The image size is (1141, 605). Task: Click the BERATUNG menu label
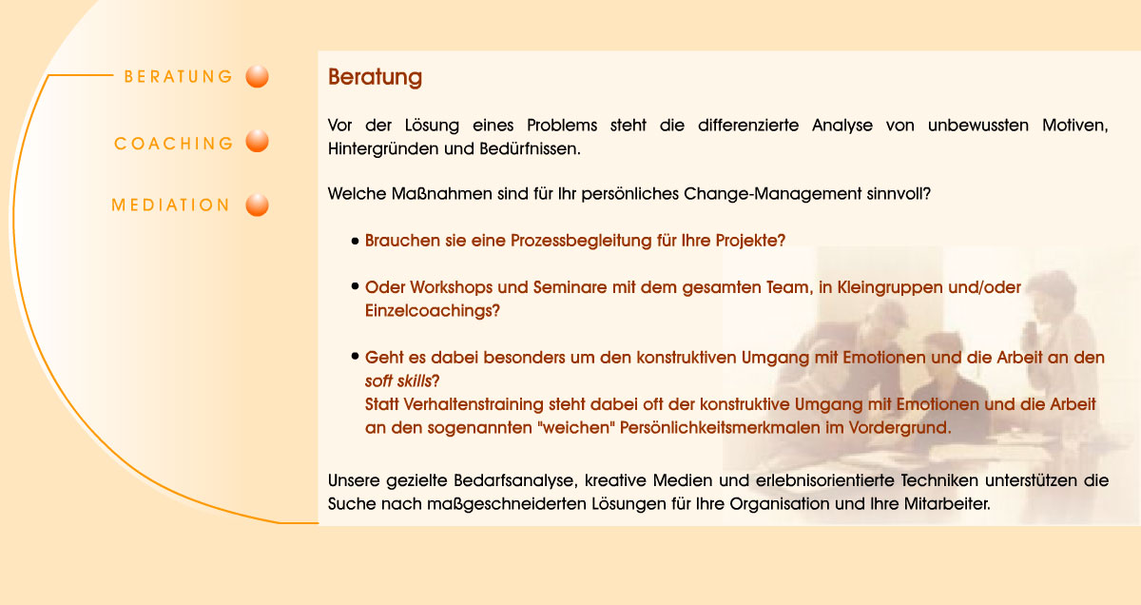pyautogui.click(x=178, y=77)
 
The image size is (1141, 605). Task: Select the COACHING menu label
pyautogui.click(x=173, y=144)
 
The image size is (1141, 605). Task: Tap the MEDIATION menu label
pyautogui.click(x=171, y=205)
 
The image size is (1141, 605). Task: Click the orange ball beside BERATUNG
pyautogui.click(x=257, y=76)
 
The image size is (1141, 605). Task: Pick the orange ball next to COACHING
pyautogui.click(x=257, y=143)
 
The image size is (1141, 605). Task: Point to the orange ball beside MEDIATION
pyautogui.click(x=257, y=205)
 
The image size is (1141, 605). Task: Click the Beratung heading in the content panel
pyautogui.click(x=375, y=77)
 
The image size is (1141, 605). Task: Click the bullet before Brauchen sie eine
pyautogui.click(x=355, y=242)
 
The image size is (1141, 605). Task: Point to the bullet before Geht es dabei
pyautogui.click(x=355, y=359)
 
